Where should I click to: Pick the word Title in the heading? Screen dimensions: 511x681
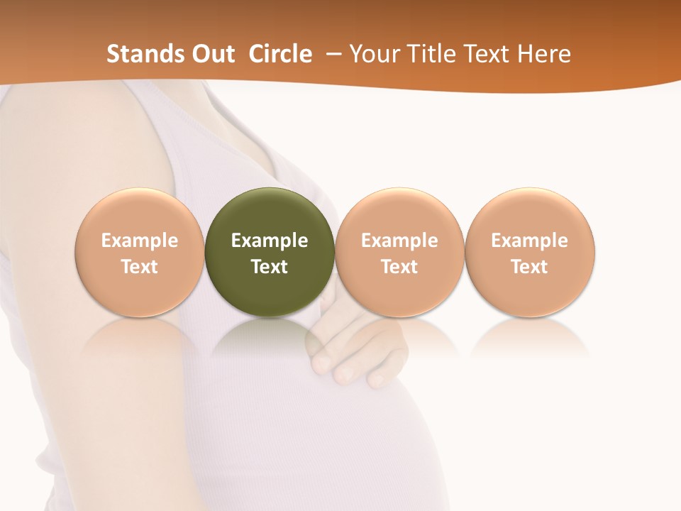431,54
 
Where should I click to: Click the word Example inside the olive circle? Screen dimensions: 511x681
270,241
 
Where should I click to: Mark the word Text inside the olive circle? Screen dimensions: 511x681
270,267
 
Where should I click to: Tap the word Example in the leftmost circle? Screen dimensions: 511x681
140,241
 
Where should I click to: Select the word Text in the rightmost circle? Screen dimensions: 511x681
530,267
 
